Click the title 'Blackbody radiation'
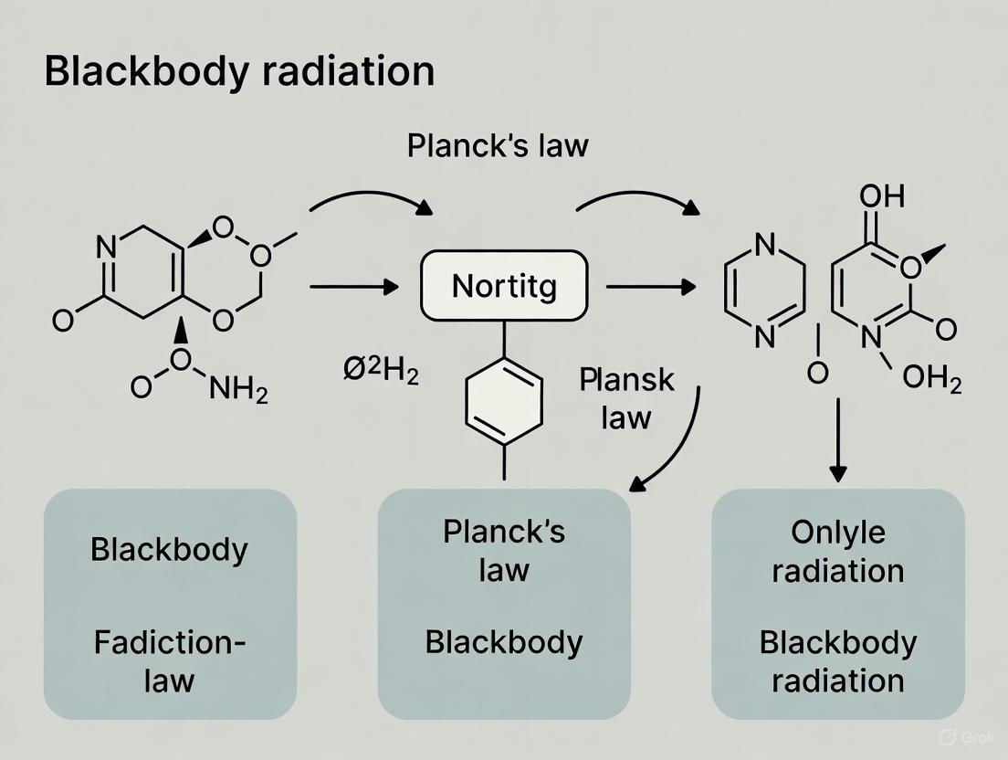pos(239,72)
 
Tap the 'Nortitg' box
pos(504,286)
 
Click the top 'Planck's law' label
pos(498,145)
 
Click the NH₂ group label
pos(239,390)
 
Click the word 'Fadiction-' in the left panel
pos(170,642)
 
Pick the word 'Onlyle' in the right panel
pos(837,533)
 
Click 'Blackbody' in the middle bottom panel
pos(503,642)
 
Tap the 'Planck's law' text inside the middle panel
pos(503,551)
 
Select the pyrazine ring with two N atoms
pos(764,290)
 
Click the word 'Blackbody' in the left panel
pos(170,551)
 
